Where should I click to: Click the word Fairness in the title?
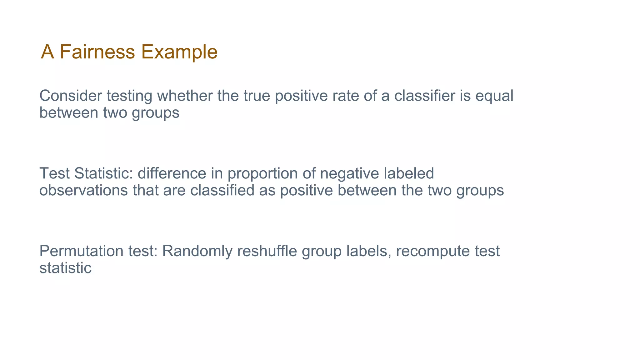97,52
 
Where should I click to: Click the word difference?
172,173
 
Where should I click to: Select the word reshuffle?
267,251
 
